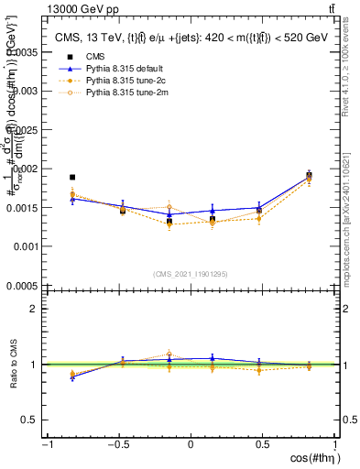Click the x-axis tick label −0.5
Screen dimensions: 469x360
[x=117, y=444]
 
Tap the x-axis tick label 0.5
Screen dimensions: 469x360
[x=263, y=444]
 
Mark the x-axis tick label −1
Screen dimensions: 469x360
[x=45, y=444]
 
